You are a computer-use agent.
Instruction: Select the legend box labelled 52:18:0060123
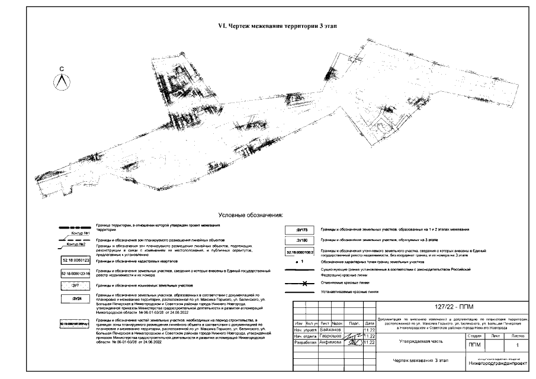(75, 260)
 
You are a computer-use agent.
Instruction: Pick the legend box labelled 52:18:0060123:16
(75, 274)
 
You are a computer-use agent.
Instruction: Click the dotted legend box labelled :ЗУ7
(75, 285)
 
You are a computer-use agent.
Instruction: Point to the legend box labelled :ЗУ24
(75, 299)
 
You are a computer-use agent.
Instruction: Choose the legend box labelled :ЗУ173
(301, 229)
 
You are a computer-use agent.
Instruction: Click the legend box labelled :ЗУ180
(301, 241)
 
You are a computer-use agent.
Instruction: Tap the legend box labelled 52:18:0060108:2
(301, 252)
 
